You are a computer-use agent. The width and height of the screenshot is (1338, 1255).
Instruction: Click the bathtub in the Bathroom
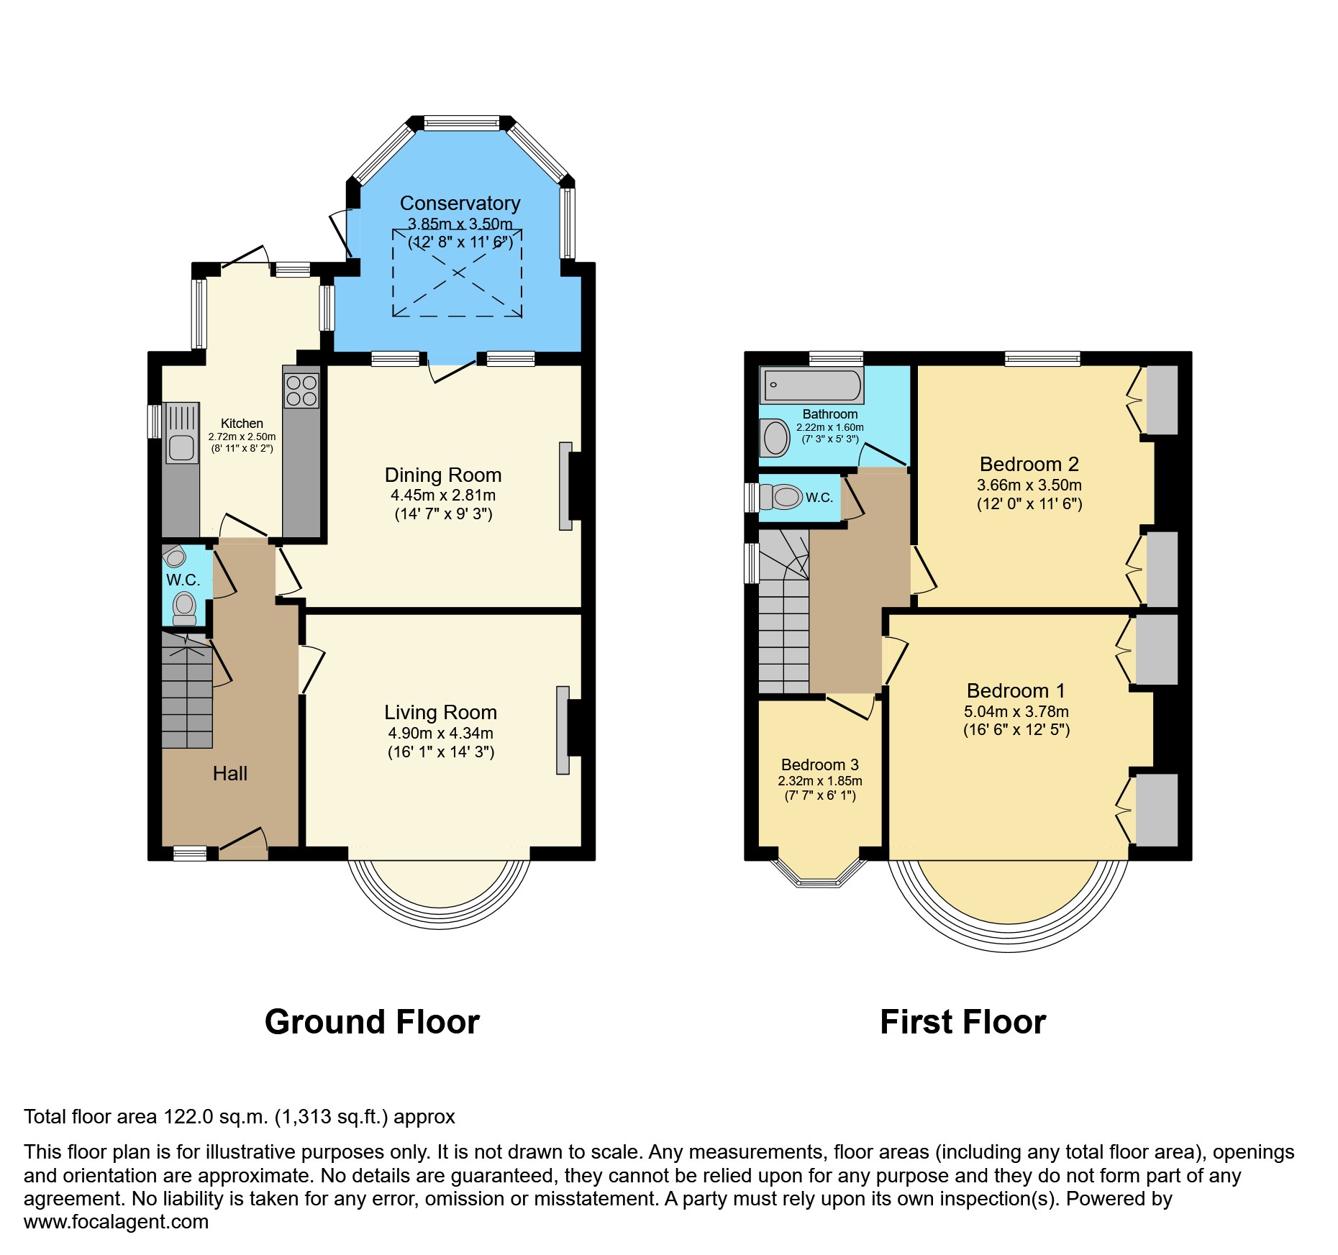(x=811, y=385)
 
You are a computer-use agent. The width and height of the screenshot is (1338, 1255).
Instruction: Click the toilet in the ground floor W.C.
(x=185, y=606)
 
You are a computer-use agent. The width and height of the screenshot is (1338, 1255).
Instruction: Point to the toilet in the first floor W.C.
(x=783, y=496)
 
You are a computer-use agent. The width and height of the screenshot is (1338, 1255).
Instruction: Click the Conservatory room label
(x=460, y=204)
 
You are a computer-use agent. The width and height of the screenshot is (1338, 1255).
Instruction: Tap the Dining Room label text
(x=443, y=475)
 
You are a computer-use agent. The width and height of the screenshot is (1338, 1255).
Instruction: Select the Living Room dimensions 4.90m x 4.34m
(x=440, y=733)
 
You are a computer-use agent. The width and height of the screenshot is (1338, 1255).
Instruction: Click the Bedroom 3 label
(x=819, y=765)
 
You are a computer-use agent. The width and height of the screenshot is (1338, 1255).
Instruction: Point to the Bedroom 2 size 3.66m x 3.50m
(x=1029, y=485)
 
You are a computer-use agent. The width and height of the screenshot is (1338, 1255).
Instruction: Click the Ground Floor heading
(x=372, y=1022)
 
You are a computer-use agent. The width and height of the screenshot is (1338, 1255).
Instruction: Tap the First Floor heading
(x=962, y=1022)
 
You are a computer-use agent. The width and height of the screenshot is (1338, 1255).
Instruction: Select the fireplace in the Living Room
(x=563, y=730)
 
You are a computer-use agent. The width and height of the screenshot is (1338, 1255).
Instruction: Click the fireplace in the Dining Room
(x=566, y=485)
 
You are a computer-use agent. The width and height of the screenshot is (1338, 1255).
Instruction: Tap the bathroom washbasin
(x=775, y=437)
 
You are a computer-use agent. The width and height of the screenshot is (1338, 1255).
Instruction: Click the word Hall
(x=229, y=773)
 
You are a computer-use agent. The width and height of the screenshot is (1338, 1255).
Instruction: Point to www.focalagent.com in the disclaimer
(x=116, y=1221)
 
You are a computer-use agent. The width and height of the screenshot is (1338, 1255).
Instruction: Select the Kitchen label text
(x=242, y=424)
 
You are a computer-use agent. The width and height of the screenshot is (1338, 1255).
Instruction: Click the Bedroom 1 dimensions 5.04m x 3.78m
(x=1016, y=711)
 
